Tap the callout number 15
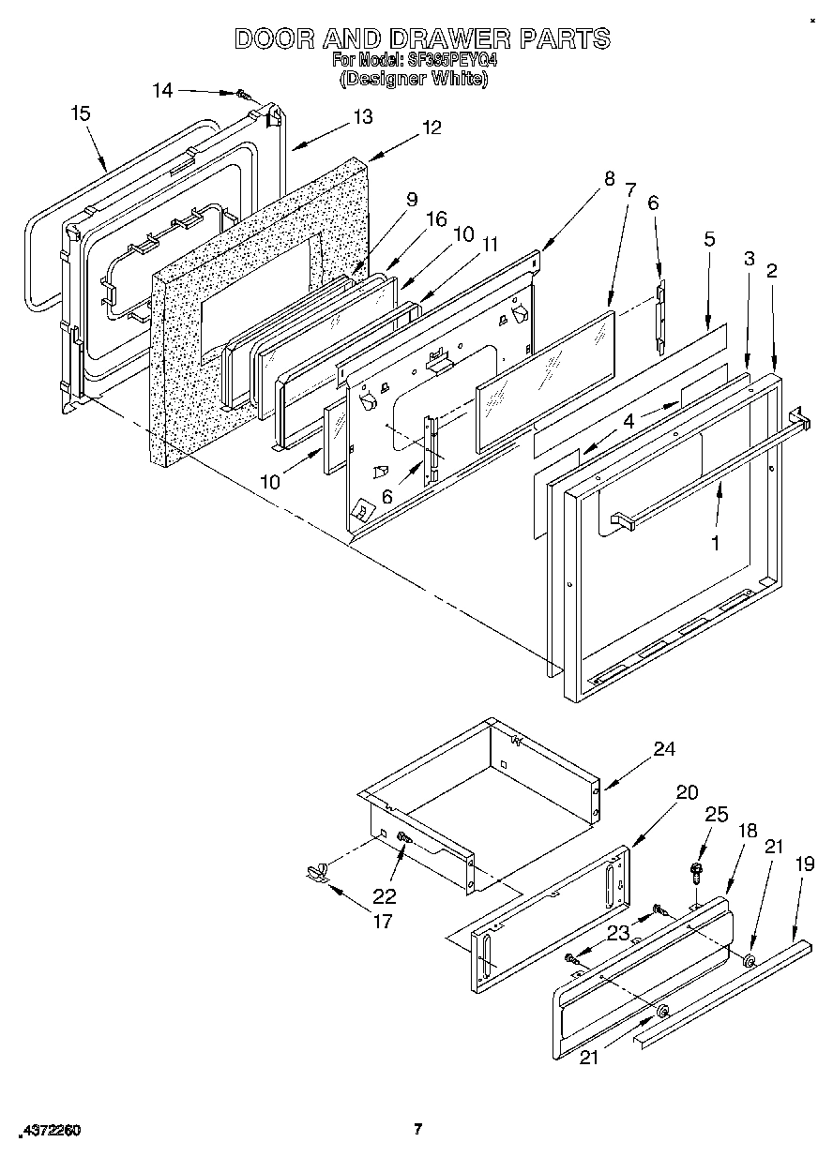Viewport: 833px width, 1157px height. pyautogui.click(x=81, y=113)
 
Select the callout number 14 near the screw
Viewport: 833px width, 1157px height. pyautogui.click(x=162, y=90)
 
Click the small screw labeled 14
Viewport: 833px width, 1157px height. pyautogui.click(x=243, y=94)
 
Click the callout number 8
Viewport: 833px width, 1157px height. pyautogui.click(x=609, y=177)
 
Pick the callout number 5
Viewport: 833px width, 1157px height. pyautogui.click(x=709, y=239)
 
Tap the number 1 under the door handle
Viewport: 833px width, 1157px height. pyautogui.click(x=716, y=542)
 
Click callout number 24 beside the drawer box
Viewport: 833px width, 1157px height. pyautogui.click(x=664, y=749)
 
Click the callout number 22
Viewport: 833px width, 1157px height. pyautogui.click(x=385, y=895)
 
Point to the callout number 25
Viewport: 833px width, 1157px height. pyautogui.click(x=716, y=815)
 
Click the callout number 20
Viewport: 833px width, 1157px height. pyautogui.click(x=687, y=792)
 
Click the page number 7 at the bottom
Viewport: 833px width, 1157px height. pyautogui.click(x=418, y=1129)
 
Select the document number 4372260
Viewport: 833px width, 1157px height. pyautogui.click(x=48, y=1131)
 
